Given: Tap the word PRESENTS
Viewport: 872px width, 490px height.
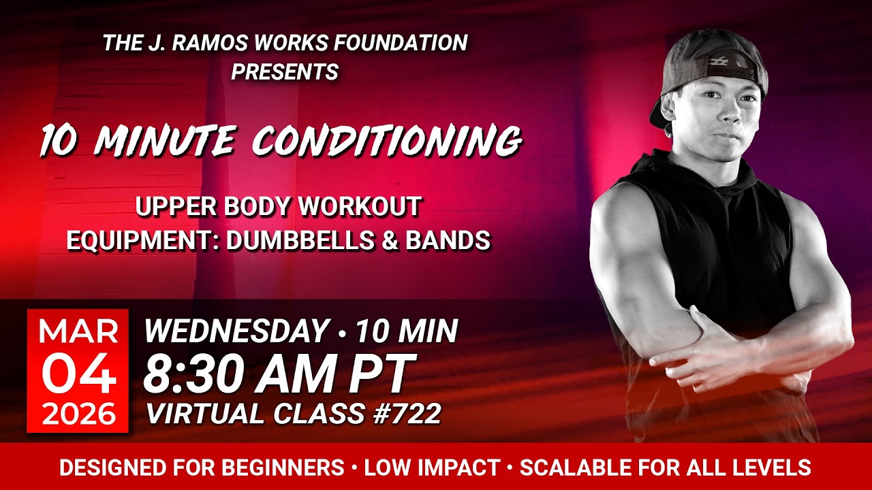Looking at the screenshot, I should click(285, 71).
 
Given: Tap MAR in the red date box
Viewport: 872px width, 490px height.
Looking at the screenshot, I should click(78, 331).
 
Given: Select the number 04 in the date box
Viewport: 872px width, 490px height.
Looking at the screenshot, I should click(78, 374).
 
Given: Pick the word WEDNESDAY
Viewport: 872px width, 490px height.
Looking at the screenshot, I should click(236, 331).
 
